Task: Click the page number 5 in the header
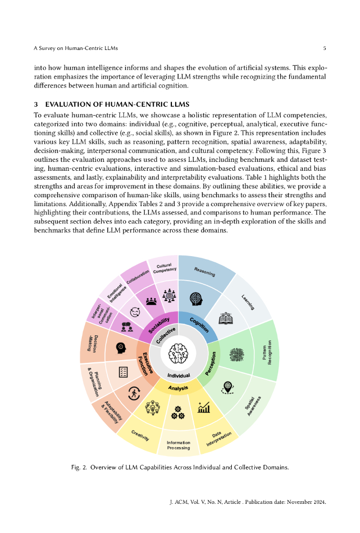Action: (324, 48)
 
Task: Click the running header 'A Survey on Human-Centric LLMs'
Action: (76, 48)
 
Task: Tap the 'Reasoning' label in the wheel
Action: (204, 271)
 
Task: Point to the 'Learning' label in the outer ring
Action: (248, 302)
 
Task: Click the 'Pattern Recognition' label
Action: (266, 353)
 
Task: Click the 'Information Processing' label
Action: (178, 445)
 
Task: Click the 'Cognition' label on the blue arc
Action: (200, 325)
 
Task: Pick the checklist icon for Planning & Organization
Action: (123, 372)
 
